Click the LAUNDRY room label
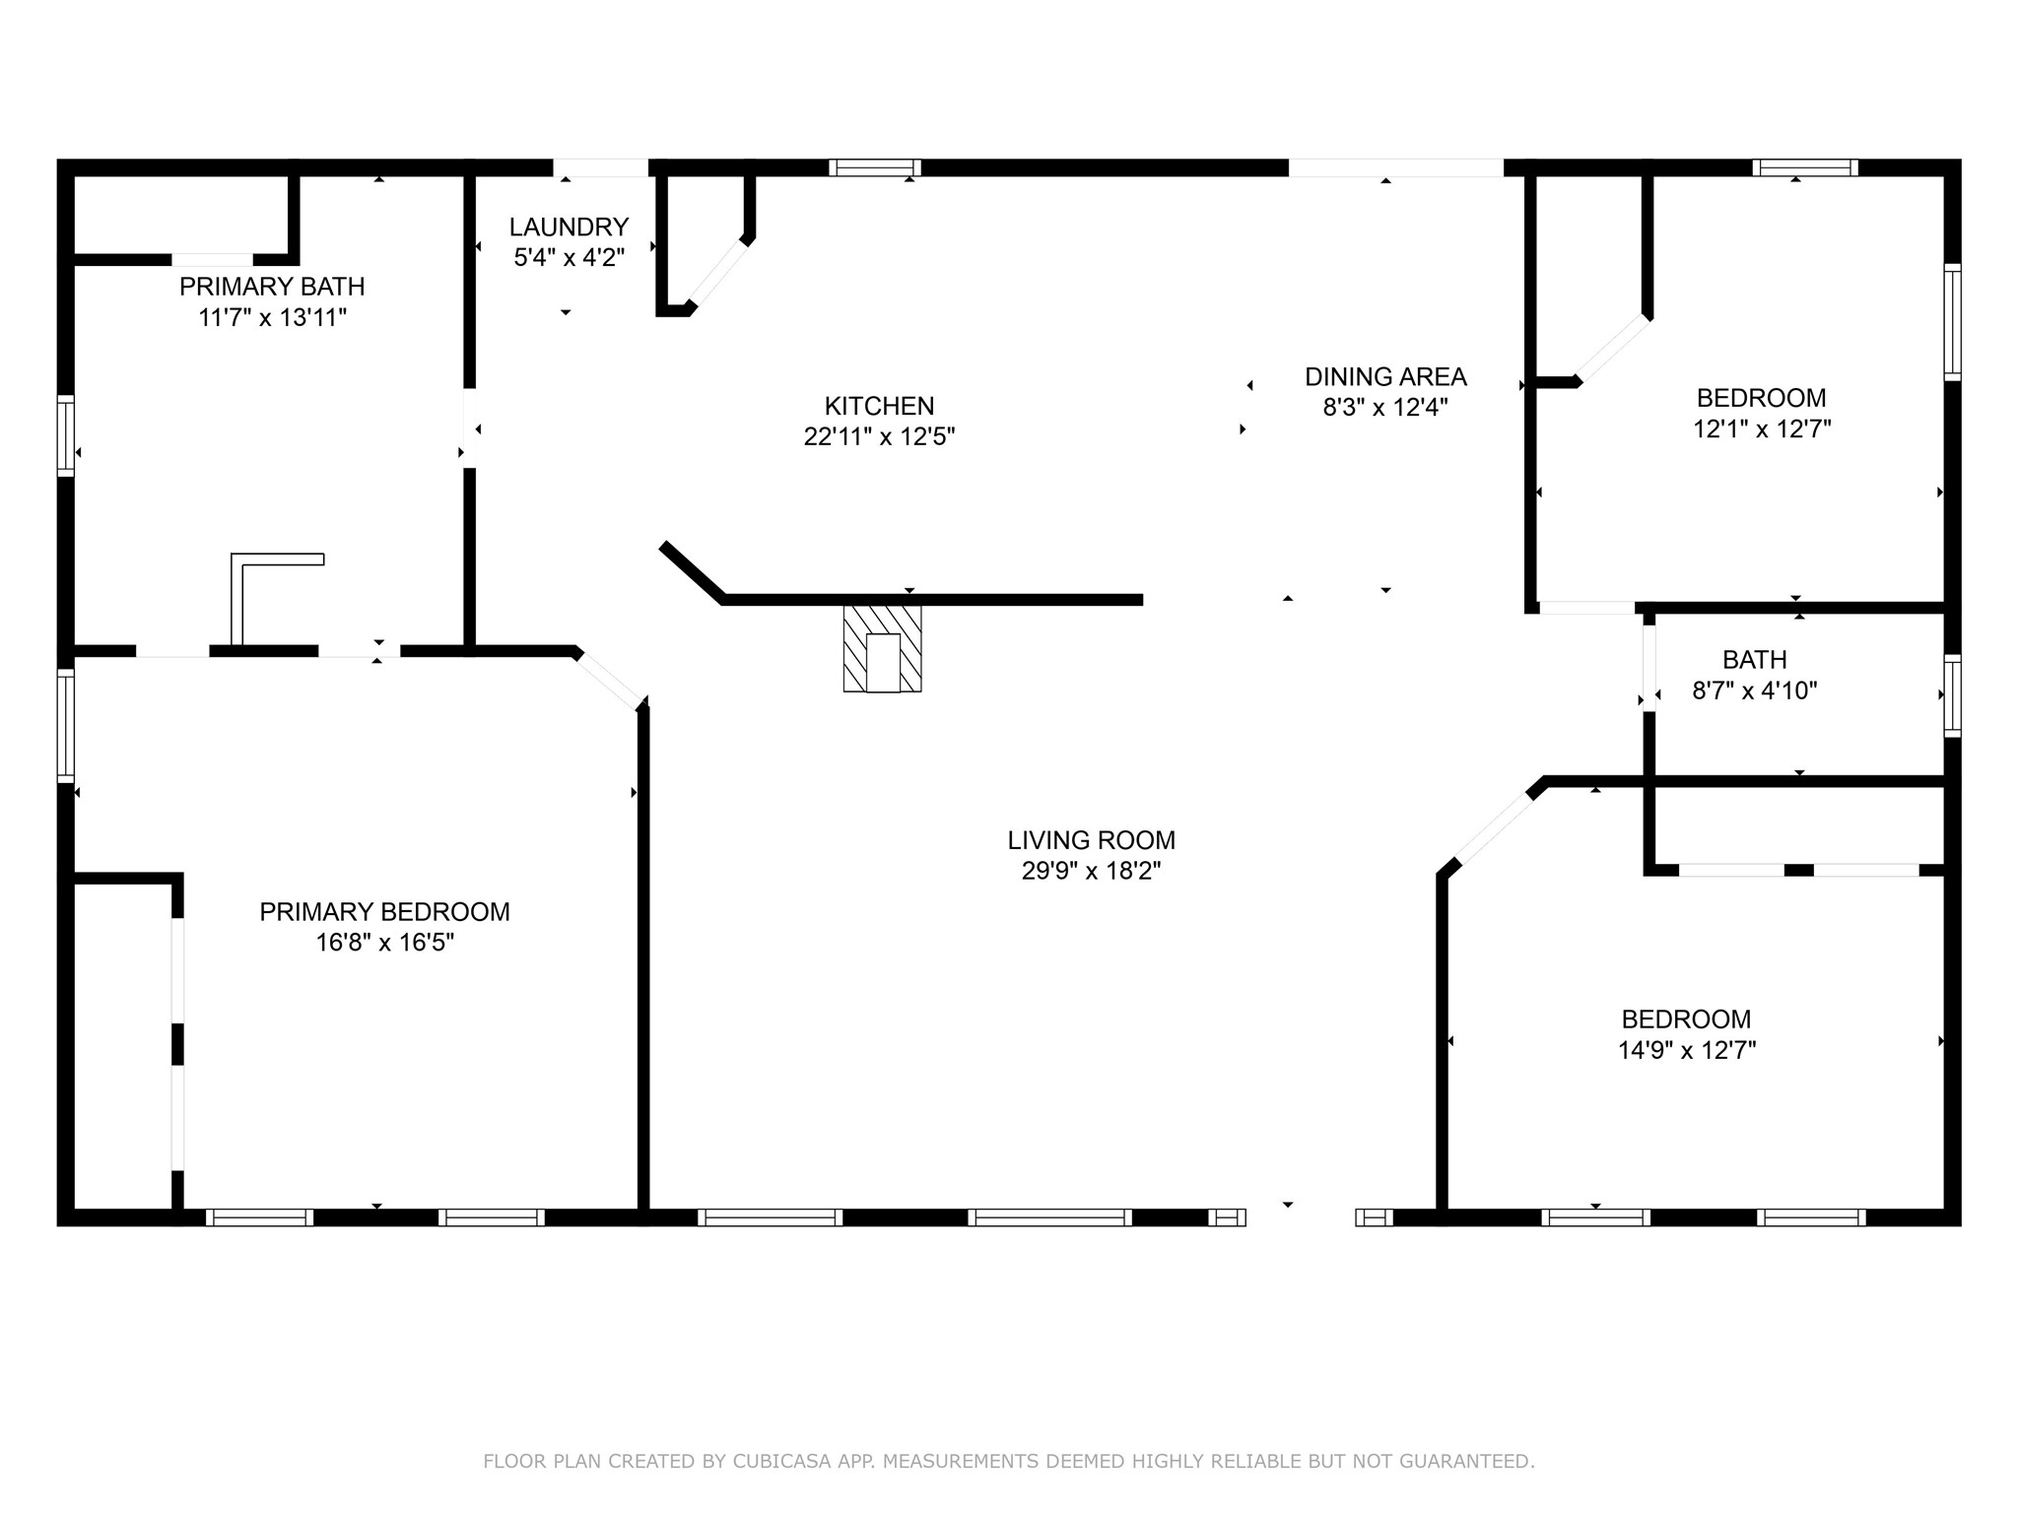(569, 227)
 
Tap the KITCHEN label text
(879, 406)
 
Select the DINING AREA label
(1385, 376)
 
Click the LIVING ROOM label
(1091, 840)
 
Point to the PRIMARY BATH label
(272, 287)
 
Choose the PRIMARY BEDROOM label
(384, 912)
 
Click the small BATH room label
(1755, 659)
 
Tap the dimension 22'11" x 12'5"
(879, 436)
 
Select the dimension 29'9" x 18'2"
(1091, 871)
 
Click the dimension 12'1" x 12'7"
(1761, 428)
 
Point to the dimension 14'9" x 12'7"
(1687, 1050)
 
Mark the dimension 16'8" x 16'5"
(384, 943)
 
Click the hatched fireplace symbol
(882, 648)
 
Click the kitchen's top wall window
(874, 167)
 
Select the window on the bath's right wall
(1952, 695)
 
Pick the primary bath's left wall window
(66, 435)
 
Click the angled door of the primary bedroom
(607, 679)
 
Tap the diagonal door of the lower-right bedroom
(1495, 830)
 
